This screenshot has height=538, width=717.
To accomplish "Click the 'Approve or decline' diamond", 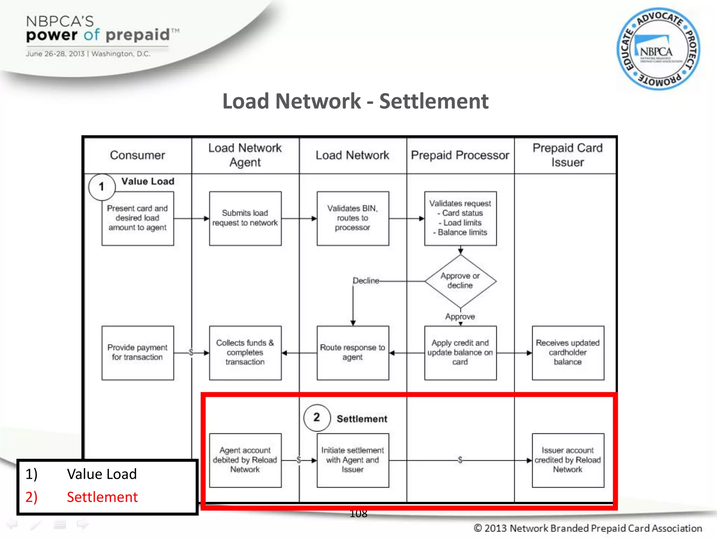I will [460, 281].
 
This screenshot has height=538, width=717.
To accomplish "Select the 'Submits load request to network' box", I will [245, 218].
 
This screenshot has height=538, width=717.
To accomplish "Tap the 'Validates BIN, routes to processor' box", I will [353, 218].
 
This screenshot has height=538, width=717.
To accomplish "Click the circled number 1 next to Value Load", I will [102, 187].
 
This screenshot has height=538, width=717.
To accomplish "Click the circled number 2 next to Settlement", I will [317, 417].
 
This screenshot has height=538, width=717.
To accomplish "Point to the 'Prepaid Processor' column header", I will [460, 155].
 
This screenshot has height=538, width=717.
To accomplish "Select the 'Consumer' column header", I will [137, 155].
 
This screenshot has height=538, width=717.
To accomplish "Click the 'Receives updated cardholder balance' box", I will [568, 353].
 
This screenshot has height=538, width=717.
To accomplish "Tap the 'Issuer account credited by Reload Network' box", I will [568, 460].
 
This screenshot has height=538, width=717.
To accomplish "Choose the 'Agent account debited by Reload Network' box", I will [245, 460].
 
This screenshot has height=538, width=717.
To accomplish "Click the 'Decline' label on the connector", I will [366, 281].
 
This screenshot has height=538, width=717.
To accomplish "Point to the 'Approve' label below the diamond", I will [460, 317].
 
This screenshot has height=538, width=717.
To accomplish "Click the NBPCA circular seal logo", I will [658, 49].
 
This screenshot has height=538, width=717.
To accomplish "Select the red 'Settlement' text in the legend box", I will [102, 497].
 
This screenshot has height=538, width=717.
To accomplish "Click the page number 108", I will [358, 514].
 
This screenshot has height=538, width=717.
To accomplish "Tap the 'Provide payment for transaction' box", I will [137, 353].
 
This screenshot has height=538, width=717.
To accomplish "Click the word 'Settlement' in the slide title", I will [433, 101].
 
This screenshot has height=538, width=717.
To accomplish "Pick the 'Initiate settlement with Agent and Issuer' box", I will [353, 460].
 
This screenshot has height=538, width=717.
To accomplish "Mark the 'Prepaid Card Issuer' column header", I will [567, 155].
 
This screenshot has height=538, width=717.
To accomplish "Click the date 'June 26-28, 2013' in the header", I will [55, 54].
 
